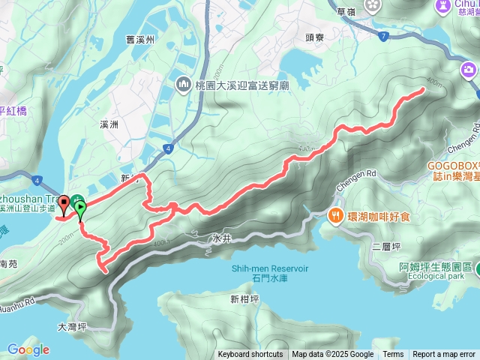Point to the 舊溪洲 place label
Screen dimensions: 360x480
(140, 40)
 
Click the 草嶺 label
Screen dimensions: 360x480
(346, 12)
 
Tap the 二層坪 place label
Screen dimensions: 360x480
(382, 245)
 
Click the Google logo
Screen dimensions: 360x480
(28, 349)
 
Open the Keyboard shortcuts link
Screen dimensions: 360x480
(250, 355)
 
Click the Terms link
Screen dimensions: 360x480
(393, 355)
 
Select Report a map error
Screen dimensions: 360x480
(444, 355)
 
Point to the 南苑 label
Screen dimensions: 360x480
(9, 264)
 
